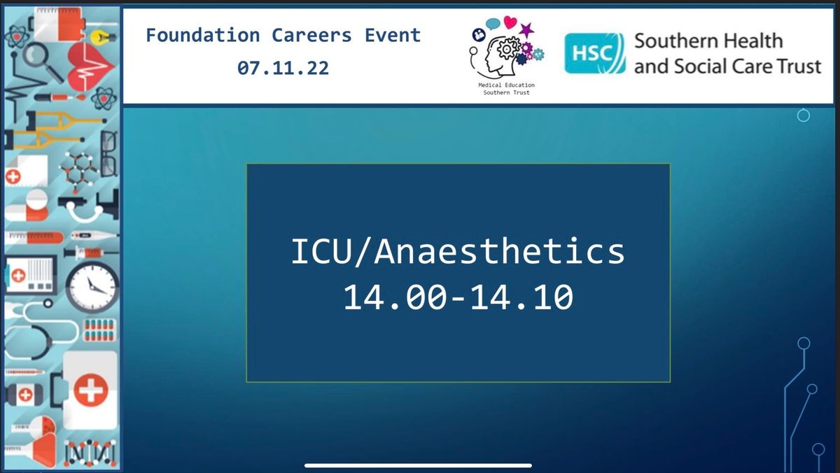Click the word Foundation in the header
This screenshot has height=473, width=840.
(203, 36)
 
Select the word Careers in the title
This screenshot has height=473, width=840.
(311, 36)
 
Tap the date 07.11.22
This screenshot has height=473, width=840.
(283, 68)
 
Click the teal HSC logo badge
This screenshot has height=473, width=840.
(595, 53)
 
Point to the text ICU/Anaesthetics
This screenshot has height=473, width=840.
(458, 251)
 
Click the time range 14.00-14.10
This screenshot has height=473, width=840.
(458, 297)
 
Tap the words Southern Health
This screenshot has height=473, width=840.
(708, 41)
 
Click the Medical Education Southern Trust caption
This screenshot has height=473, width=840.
(506, 89)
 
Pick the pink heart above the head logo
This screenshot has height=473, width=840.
(510, 22)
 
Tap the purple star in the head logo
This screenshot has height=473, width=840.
(526, 30)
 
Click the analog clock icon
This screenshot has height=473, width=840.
(92, 287)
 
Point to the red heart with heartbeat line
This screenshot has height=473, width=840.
(90, 66)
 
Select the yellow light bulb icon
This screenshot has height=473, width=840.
(102, 37)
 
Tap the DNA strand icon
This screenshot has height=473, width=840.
(90, 453)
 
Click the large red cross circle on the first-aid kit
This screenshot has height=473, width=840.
(90, 390)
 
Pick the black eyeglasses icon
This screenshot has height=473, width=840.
(109, 154)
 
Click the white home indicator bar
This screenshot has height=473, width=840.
(418, 465)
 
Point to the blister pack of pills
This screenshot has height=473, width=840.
(99, 330)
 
